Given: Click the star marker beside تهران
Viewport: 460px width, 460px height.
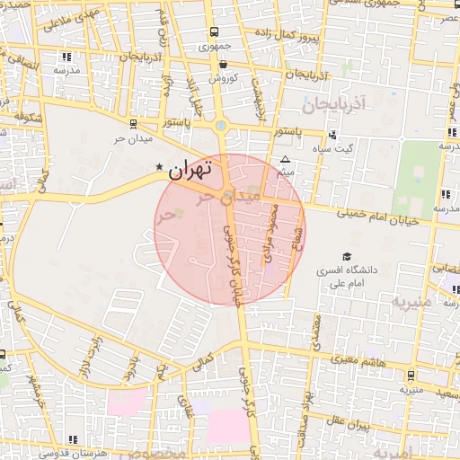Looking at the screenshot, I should tap(160, 167).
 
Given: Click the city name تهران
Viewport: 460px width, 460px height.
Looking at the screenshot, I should tap(191, 168).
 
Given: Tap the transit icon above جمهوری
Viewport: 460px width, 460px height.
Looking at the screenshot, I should tap(211, 31).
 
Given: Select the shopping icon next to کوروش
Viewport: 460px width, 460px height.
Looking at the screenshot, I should tap(223, 64).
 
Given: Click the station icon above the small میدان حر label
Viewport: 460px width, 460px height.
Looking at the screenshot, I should tap(134, 125).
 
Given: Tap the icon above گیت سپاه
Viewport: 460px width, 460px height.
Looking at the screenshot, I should tap(334, 135).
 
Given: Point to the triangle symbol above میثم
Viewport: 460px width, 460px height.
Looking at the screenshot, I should tap(286, 158).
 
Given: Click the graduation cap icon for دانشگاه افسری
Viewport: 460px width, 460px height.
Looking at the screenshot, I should tap(346, 256).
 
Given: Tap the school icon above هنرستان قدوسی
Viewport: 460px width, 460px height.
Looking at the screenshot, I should tap(73, 438).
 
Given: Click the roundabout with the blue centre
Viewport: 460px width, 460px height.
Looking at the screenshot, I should tap(221, 125).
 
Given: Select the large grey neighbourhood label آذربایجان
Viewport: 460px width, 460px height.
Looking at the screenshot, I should tap(337, 105).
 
